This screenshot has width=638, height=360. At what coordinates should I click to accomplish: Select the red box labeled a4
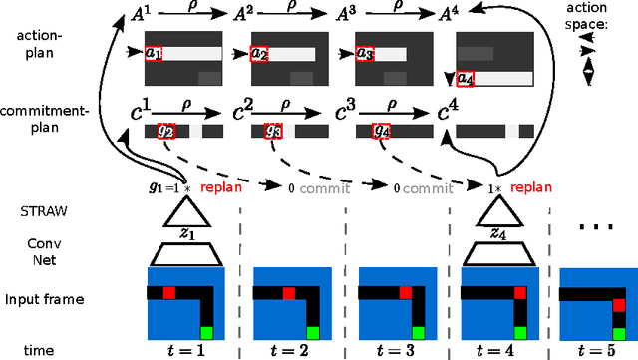point(467,77)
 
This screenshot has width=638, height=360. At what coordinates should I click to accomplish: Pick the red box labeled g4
point(381,130)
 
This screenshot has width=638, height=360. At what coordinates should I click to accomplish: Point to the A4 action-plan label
point(450,15)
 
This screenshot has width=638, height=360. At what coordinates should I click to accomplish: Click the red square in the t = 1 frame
point(168,292)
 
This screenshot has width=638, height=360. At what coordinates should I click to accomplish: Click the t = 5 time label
point(597,350)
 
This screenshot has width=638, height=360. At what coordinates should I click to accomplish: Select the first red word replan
point(220,187)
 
